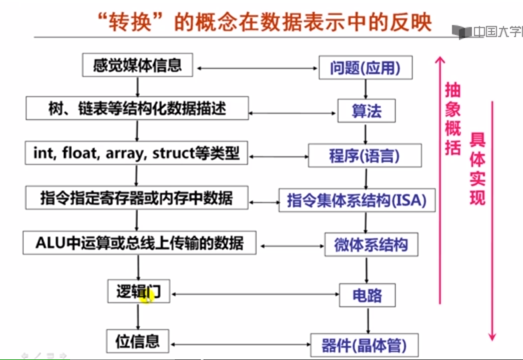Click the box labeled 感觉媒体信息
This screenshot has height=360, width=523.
137,66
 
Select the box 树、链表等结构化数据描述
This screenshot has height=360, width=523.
137,108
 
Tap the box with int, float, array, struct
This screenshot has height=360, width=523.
136,153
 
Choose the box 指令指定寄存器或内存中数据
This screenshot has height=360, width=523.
137,197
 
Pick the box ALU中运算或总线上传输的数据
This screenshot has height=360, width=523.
139,243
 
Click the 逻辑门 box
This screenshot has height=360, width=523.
138,291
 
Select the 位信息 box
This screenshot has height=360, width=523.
138,341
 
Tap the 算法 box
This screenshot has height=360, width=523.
366,111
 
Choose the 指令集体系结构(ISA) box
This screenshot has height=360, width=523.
356,200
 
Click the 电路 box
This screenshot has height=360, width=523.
366,294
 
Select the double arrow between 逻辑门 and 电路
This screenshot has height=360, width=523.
253,293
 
